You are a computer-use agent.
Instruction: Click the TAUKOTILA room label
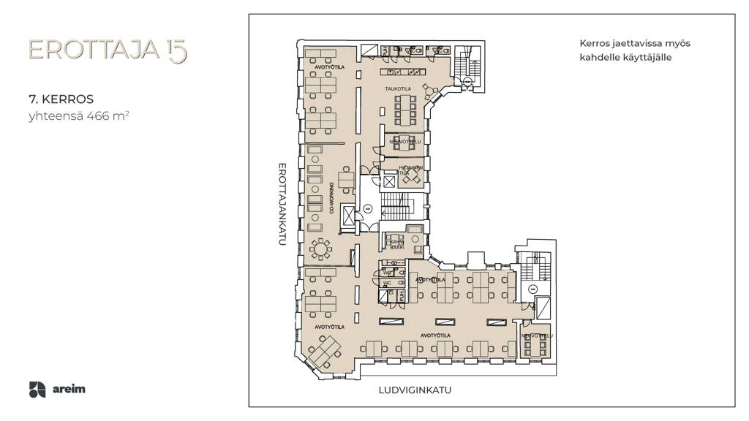(x=399, y=89)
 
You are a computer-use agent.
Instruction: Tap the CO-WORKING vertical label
(x=331, y=197)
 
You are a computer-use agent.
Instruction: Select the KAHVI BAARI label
(x=397, y=244)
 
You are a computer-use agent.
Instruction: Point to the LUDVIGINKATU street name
(x=415, y=390)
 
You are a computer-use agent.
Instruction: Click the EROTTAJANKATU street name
(x=280, y=208)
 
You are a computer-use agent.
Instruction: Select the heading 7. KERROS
(x=61, y=99)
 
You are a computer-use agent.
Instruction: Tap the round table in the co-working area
(x=320, y=249)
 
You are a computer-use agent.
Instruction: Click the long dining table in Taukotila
(x=404, y=109)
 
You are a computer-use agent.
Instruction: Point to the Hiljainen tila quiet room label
(x=407, y=170)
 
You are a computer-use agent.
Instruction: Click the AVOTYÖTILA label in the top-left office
(x=329, y=67)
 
